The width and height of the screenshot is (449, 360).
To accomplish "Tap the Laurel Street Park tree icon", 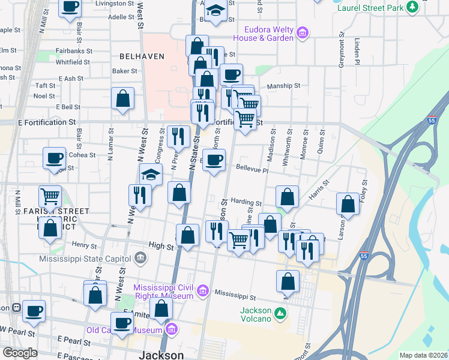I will click(x=412, y=7).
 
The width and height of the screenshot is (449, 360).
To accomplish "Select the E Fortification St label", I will click(x=42, y=122).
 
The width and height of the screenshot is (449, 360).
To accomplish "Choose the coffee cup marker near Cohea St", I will click(x=54, y=159).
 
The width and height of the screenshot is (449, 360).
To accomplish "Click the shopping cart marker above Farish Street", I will click(x=50, y=196).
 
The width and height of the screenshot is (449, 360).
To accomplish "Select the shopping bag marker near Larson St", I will click(x=348, y=204).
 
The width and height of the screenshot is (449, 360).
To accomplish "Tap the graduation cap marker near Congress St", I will click(x=151, y=175).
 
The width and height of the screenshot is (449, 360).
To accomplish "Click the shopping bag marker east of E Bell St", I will click(x=122, y=100).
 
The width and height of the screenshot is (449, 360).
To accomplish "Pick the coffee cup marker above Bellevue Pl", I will click(x=214, y=160).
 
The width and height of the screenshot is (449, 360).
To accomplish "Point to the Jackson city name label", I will click(x=161, y=355).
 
